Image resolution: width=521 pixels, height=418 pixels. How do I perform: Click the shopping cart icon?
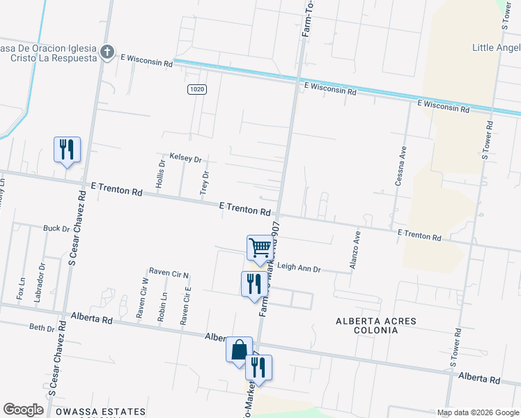click(x=260, y=248)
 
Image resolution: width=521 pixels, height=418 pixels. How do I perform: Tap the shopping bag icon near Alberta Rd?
click(x=239, y=349)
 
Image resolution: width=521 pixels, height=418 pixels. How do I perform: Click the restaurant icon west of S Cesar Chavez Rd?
click(x=67, y=149)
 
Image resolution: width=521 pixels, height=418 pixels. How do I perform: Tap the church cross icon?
click(x=107, y=52)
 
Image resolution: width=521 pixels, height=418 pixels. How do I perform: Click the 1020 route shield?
click(x=197, y=89)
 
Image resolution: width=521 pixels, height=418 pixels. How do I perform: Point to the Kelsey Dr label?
click(x=185, y=159)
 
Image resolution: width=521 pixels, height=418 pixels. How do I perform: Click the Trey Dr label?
click(x=205, y=181)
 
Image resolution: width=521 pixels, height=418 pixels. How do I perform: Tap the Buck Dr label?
click(x=56, y=228)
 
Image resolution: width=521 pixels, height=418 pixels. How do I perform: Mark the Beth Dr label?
click(x=41, y=327)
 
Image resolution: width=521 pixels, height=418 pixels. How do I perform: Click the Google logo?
click(x=24, y=410)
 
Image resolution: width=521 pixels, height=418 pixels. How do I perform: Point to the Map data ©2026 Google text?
click(x=478, y=412)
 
